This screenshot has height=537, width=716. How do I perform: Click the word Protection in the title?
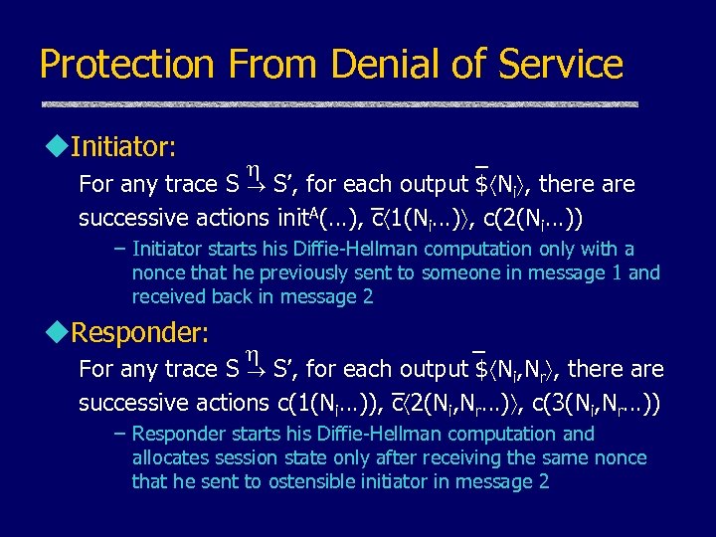(x=127, y=65)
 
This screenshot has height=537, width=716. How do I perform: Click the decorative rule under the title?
(x=338, y=104)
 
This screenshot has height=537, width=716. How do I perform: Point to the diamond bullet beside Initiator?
(x=56, y=147)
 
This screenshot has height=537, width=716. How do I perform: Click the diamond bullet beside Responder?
(x=56, y=332)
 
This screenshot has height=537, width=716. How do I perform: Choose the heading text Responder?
(x=140, y=332)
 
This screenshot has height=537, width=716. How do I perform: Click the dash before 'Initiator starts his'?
(x=119, y=249)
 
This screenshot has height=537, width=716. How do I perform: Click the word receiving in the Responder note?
(x=467, y=457)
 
